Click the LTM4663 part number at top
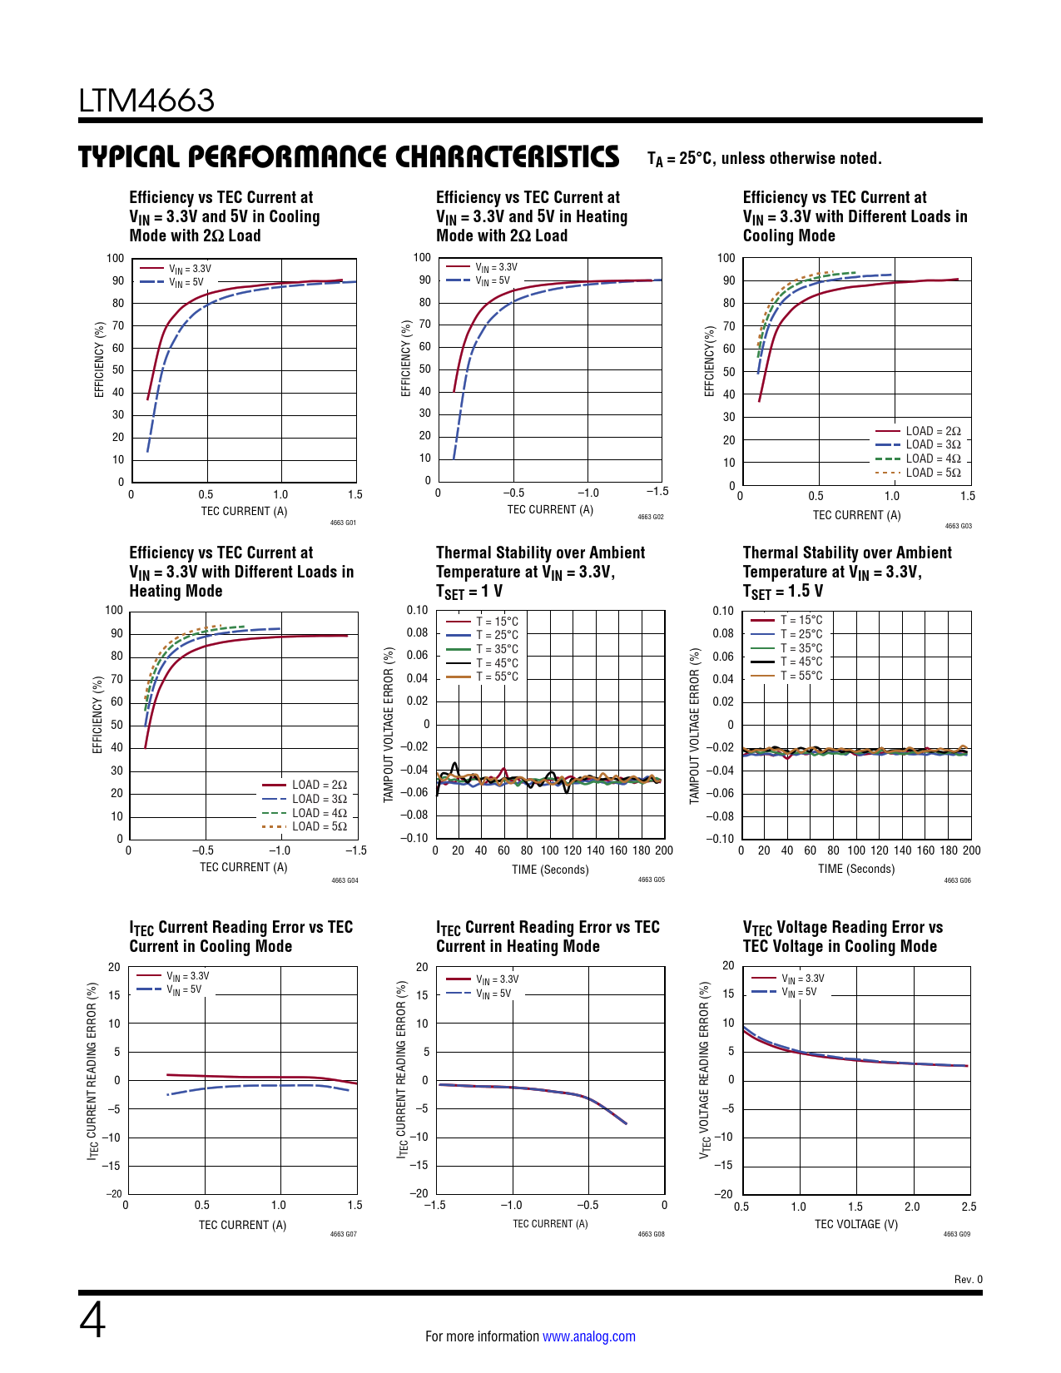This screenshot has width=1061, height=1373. click(146, 101)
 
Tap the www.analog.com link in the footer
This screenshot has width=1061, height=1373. click(588, 1336)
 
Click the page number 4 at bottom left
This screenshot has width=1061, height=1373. click(92, 1321)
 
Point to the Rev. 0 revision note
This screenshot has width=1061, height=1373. click(968, 1279)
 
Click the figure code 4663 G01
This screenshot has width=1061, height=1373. click(343, 523)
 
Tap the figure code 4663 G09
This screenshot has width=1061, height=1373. click(957, 1234)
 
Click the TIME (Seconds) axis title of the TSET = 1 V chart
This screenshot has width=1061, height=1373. click(550, 870)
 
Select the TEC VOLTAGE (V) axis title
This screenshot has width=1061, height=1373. click(855, 1224)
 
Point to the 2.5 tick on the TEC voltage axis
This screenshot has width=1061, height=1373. click(969, 1207)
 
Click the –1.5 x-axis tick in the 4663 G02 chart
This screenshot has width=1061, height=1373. click(657, 492)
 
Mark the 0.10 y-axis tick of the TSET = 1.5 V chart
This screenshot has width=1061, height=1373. click(723, 611)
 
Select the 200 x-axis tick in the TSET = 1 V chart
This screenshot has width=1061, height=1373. click(664, 850)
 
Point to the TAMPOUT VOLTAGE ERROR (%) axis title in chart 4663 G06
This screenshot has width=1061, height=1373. click(694, 726)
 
